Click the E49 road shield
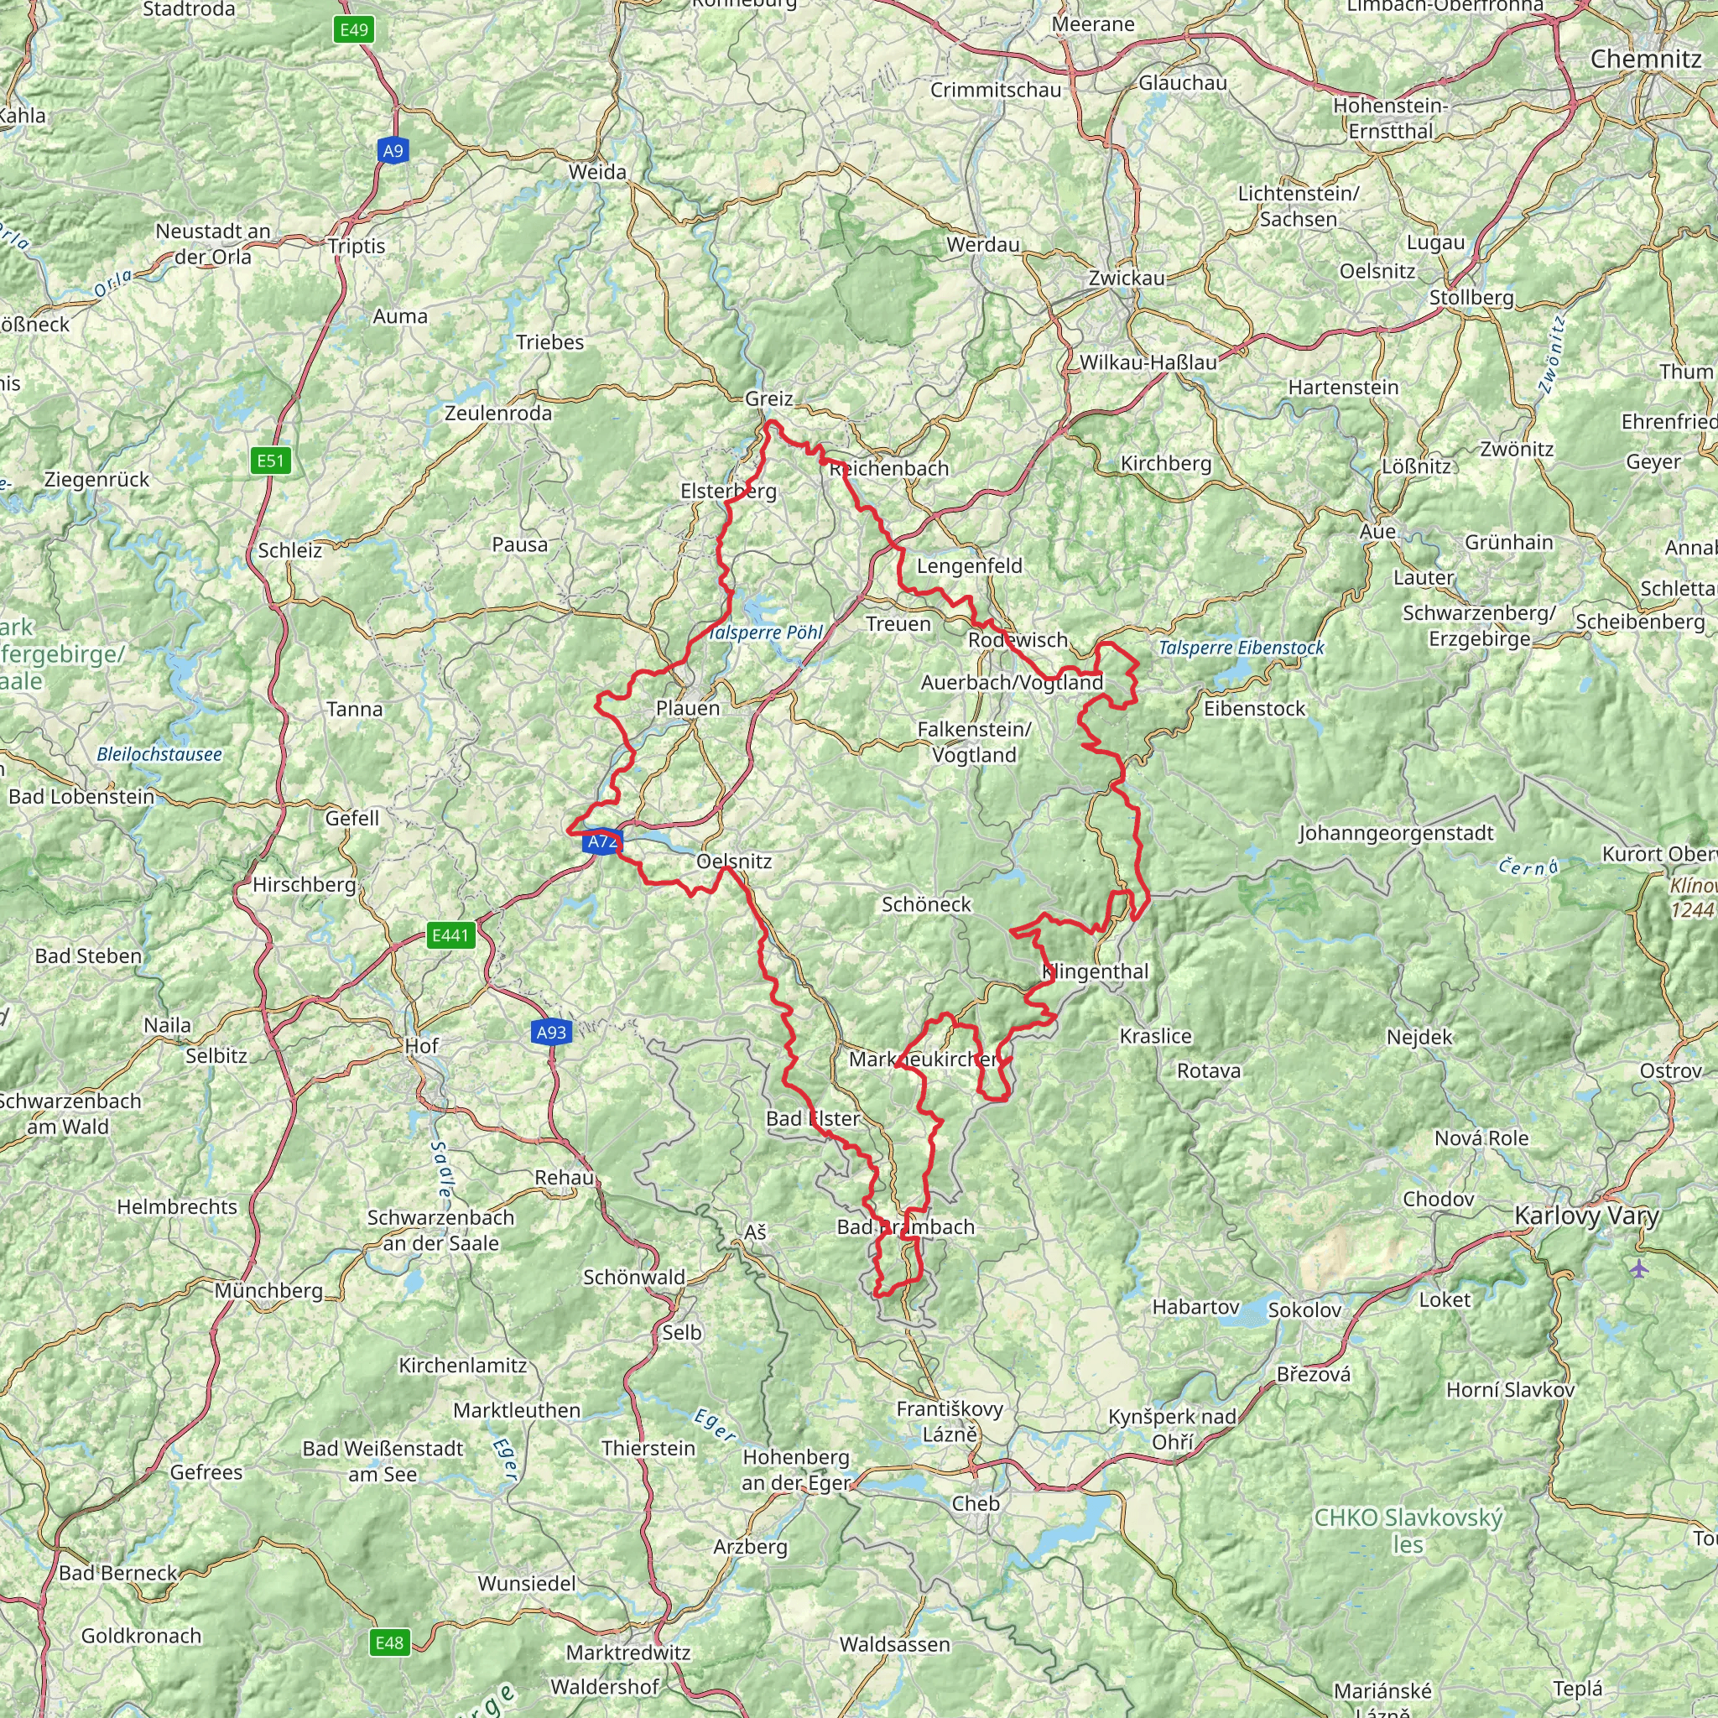pos(353,30)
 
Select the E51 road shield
pos(270,461)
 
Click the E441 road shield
pos(450,934)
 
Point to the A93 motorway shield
pos(551,1032)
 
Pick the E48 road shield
pos(389,1643)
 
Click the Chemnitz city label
pos(1646,60)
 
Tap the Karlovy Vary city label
pos(1586,1216)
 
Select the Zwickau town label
pos(1127,279)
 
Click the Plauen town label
pos(687,709)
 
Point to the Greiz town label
pos(769,398)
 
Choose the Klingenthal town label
pos(1096,971)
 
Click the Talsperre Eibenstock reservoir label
pos(1242,648)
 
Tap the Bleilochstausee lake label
pos(159,754)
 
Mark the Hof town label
pos(421,1046)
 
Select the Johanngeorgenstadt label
pos(1396,833)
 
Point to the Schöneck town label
pos(927,904)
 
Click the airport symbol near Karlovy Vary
pos(1640,1268)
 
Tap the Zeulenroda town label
pos(498,413)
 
